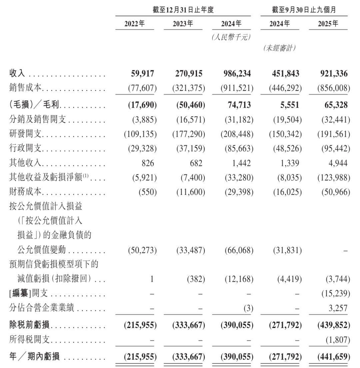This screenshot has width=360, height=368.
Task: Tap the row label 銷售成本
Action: [x=26, y=88]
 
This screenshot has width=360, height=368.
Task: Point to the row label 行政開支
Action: [x=26, y=149]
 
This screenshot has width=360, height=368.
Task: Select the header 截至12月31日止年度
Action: [x=183, y=10]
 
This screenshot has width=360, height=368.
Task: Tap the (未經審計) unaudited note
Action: [x=279, y=49]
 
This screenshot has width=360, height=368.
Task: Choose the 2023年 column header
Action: [x=183, y=24]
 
